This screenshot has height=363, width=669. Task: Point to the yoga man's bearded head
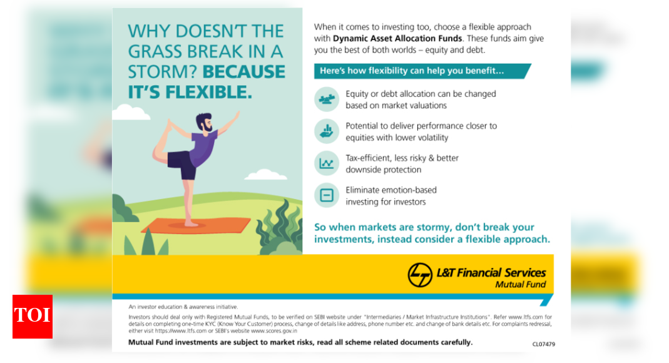click(204, 123)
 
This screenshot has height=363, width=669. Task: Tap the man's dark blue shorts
click(182, 165)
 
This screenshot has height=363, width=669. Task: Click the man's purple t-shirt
click(202, 148)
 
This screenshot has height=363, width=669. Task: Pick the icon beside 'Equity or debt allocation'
click(327, 100)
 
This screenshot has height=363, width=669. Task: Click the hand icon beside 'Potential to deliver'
click(327, 131)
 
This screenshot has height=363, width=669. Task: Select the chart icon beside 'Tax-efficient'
click(327, 163)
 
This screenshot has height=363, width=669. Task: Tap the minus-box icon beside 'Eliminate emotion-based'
click(327, 195)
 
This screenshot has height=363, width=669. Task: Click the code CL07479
click(543, 344)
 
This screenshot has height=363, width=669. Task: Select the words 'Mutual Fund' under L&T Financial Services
click(520, 285)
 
